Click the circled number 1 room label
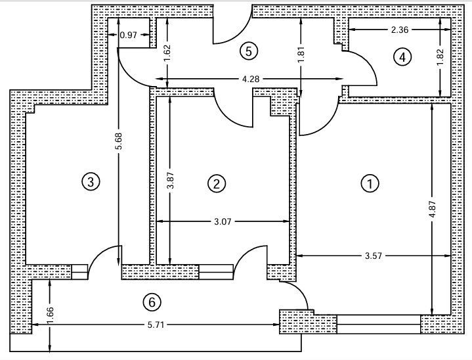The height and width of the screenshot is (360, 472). click(x=370, y=183)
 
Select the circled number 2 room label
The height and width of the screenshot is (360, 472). click(x=217, y=183)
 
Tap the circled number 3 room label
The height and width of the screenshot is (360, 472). click(x=91, y=182)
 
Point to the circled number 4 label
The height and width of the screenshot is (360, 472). click(x=402, y=57)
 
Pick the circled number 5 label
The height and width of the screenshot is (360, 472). click(x=249, y=51)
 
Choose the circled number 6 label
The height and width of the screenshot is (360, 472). click(x=152, y=302)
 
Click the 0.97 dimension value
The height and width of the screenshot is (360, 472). click(x=129, y=35)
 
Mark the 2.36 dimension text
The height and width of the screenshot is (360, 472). click(x=400, y=30)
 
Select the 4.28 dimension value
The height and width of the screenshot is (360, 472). click(x=251, y=79)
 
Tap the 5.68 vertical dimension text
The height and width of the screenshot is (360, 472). click(x=119, y=141)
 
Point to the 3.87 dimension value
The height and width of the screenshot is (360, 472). click(x=171, y=180)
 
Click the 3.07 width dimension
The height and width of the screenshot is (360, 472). click(x=223, y=222)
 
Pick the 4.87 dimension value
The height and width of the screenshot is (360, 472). click(x=432, y=210)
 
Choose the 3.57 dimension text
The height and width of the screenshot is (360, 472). click(x=374, y=256)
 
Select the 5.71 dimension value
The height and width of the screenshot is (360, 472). click(x=156, y=325)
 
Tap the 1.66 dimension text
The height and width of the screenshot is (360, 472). click(x=50, y=315)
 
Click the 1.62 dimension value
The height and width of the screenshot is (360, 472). click(x=167, y=53)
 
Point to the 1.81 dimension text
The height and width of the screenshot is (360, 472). click(x=301, y=55)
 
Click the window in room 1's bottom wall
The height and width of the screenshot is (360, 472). click(x=378, y=324)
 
